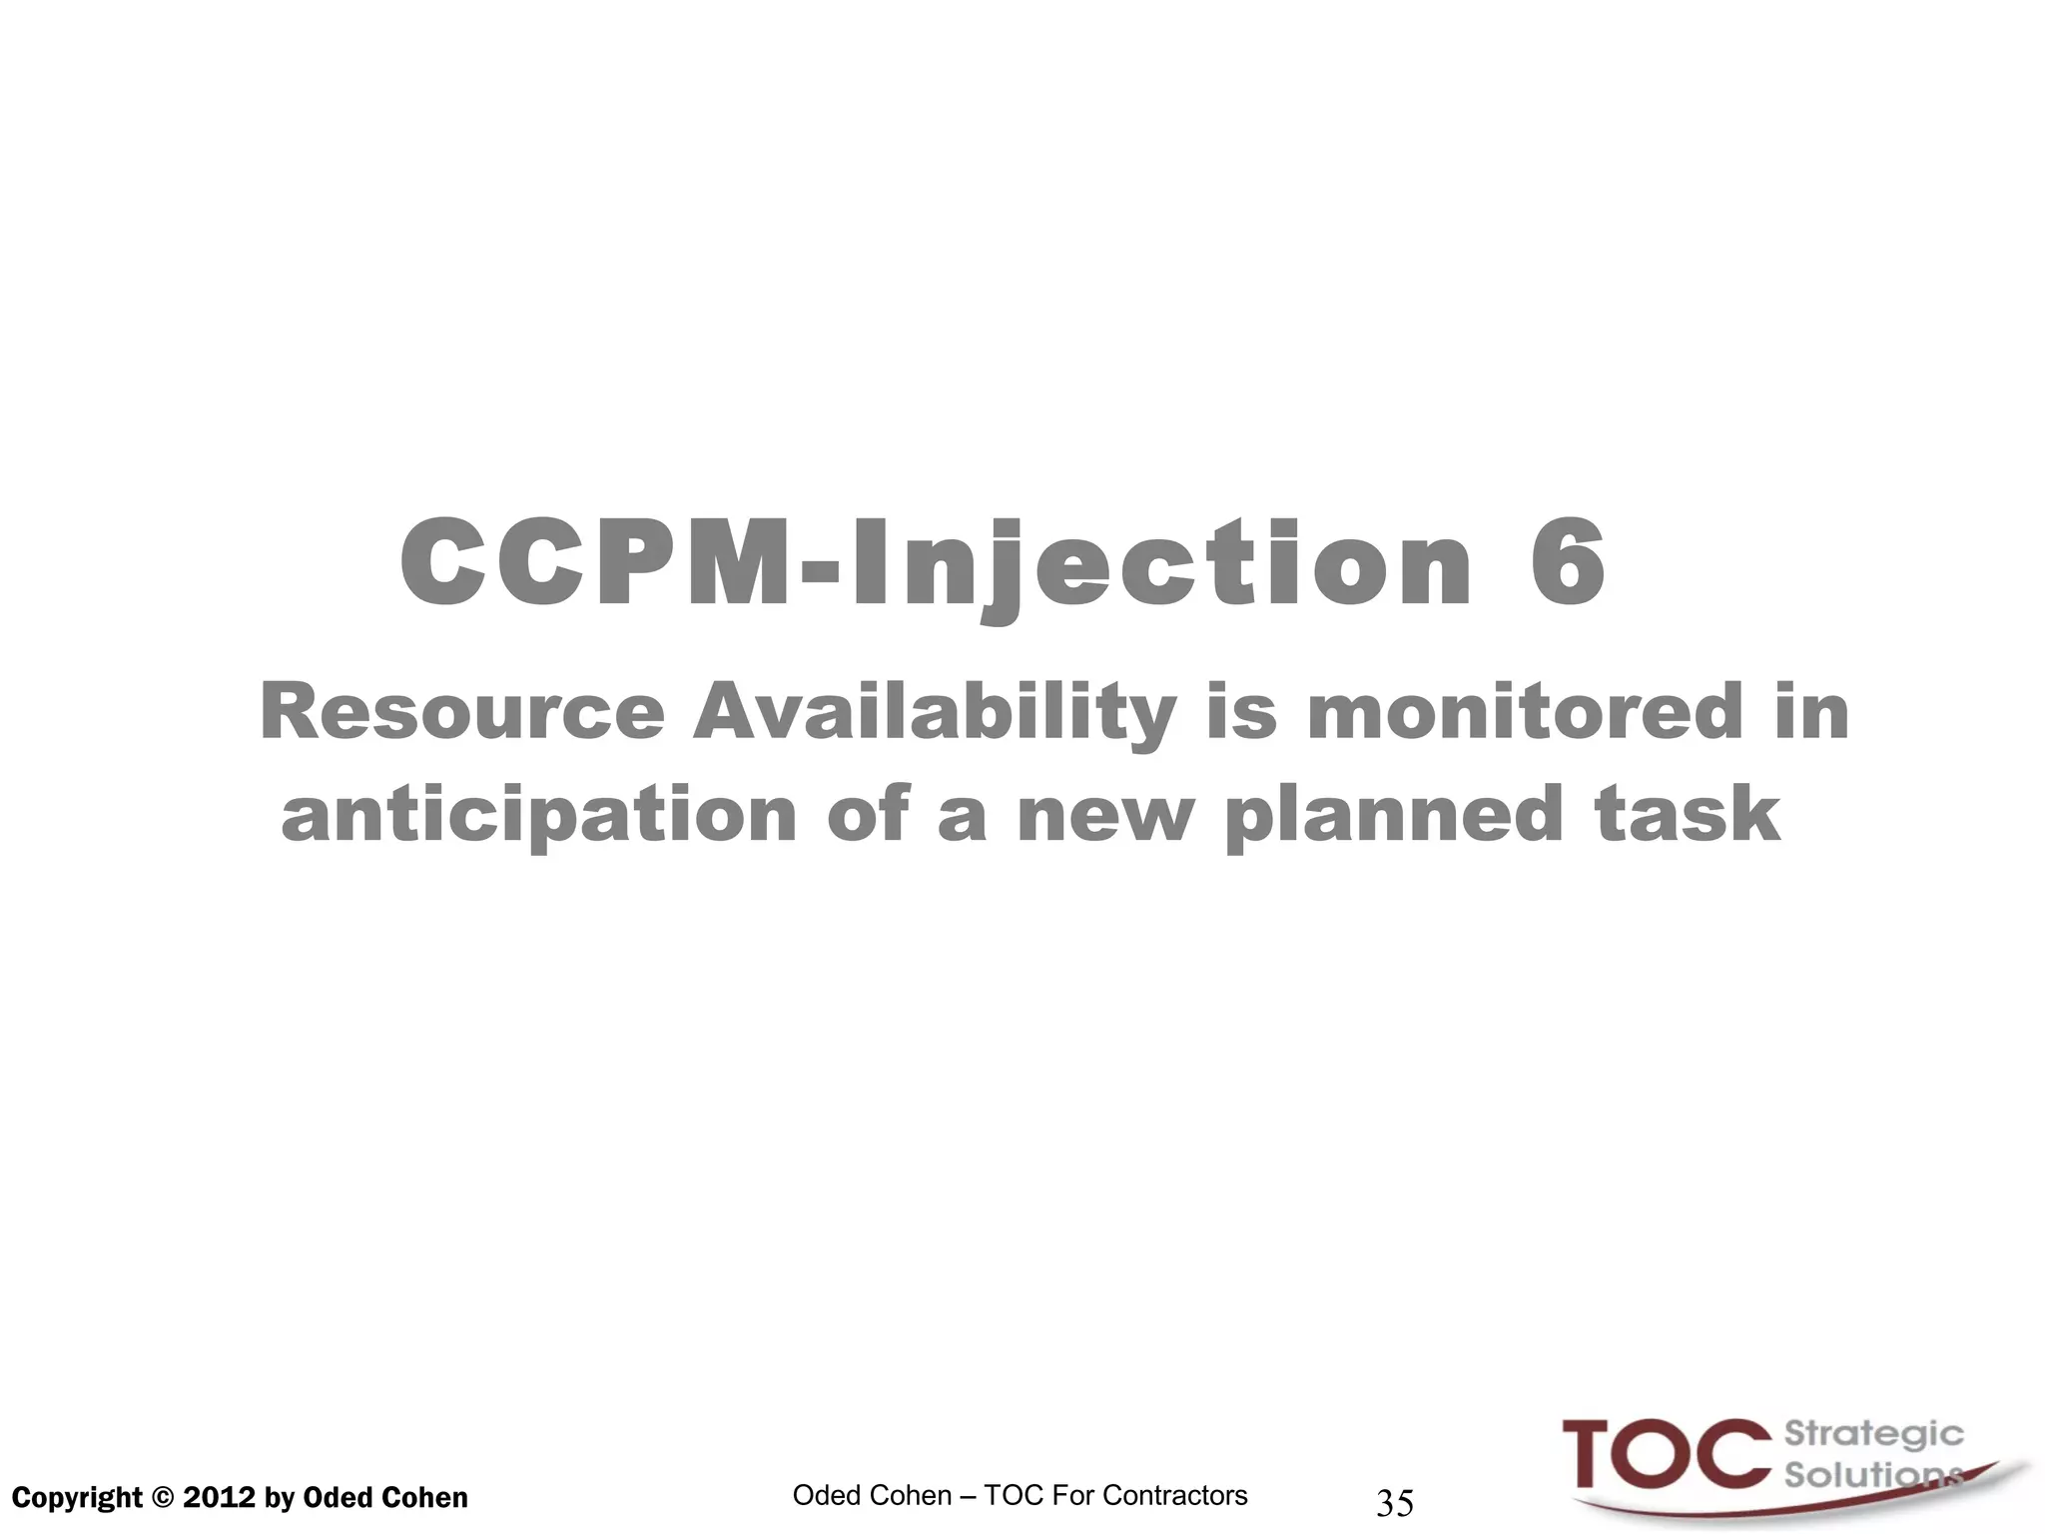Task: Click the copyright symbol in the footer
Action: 162,1498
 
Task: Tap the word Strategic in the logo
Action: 1873,1435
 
